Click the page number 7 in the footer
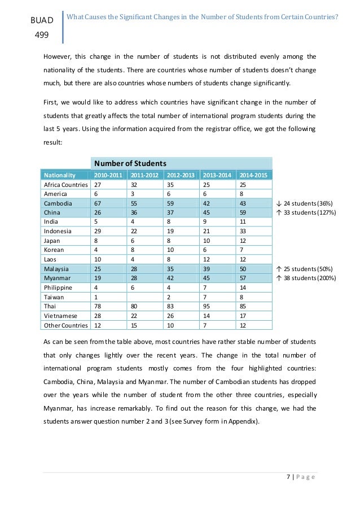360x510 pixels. pos(288,478)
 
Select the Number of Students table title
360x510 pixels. pos(130,163)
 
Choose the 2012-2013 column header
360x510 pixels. pos(180,175)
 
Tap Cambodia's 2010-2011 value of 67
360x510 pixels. pos(98,203)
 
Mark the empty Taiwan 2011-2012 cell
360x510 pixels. pos(144,297)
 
